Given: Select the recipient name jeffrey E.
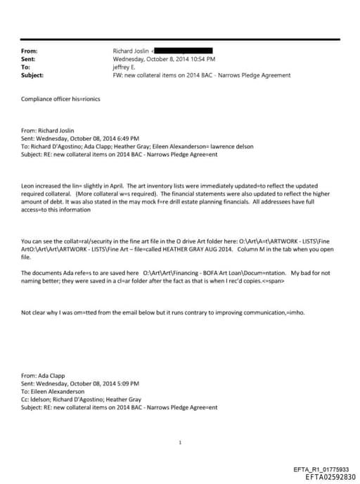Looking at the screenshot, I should (126, 67).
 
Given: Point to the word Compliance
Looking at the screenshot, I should (35, 98).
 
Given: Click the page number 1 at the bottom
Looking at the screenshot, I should (180, 442).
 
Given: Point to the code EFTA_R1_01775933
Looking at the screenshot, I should (325, 469).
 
